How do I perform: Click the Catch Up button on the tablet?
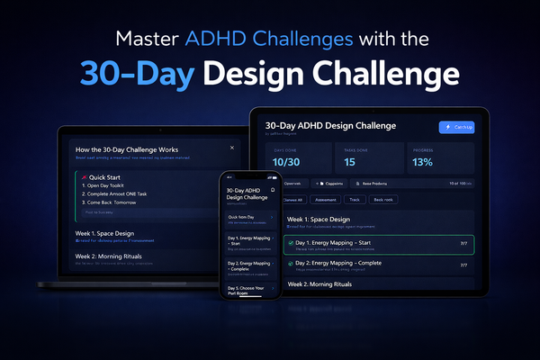457,127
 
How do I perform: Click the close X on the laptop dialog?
231,147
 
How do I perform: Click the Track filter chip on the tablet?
355,199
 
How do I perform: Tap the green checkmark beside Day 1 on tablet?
291,243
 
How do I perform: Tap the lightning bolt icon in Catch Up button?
446,127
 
